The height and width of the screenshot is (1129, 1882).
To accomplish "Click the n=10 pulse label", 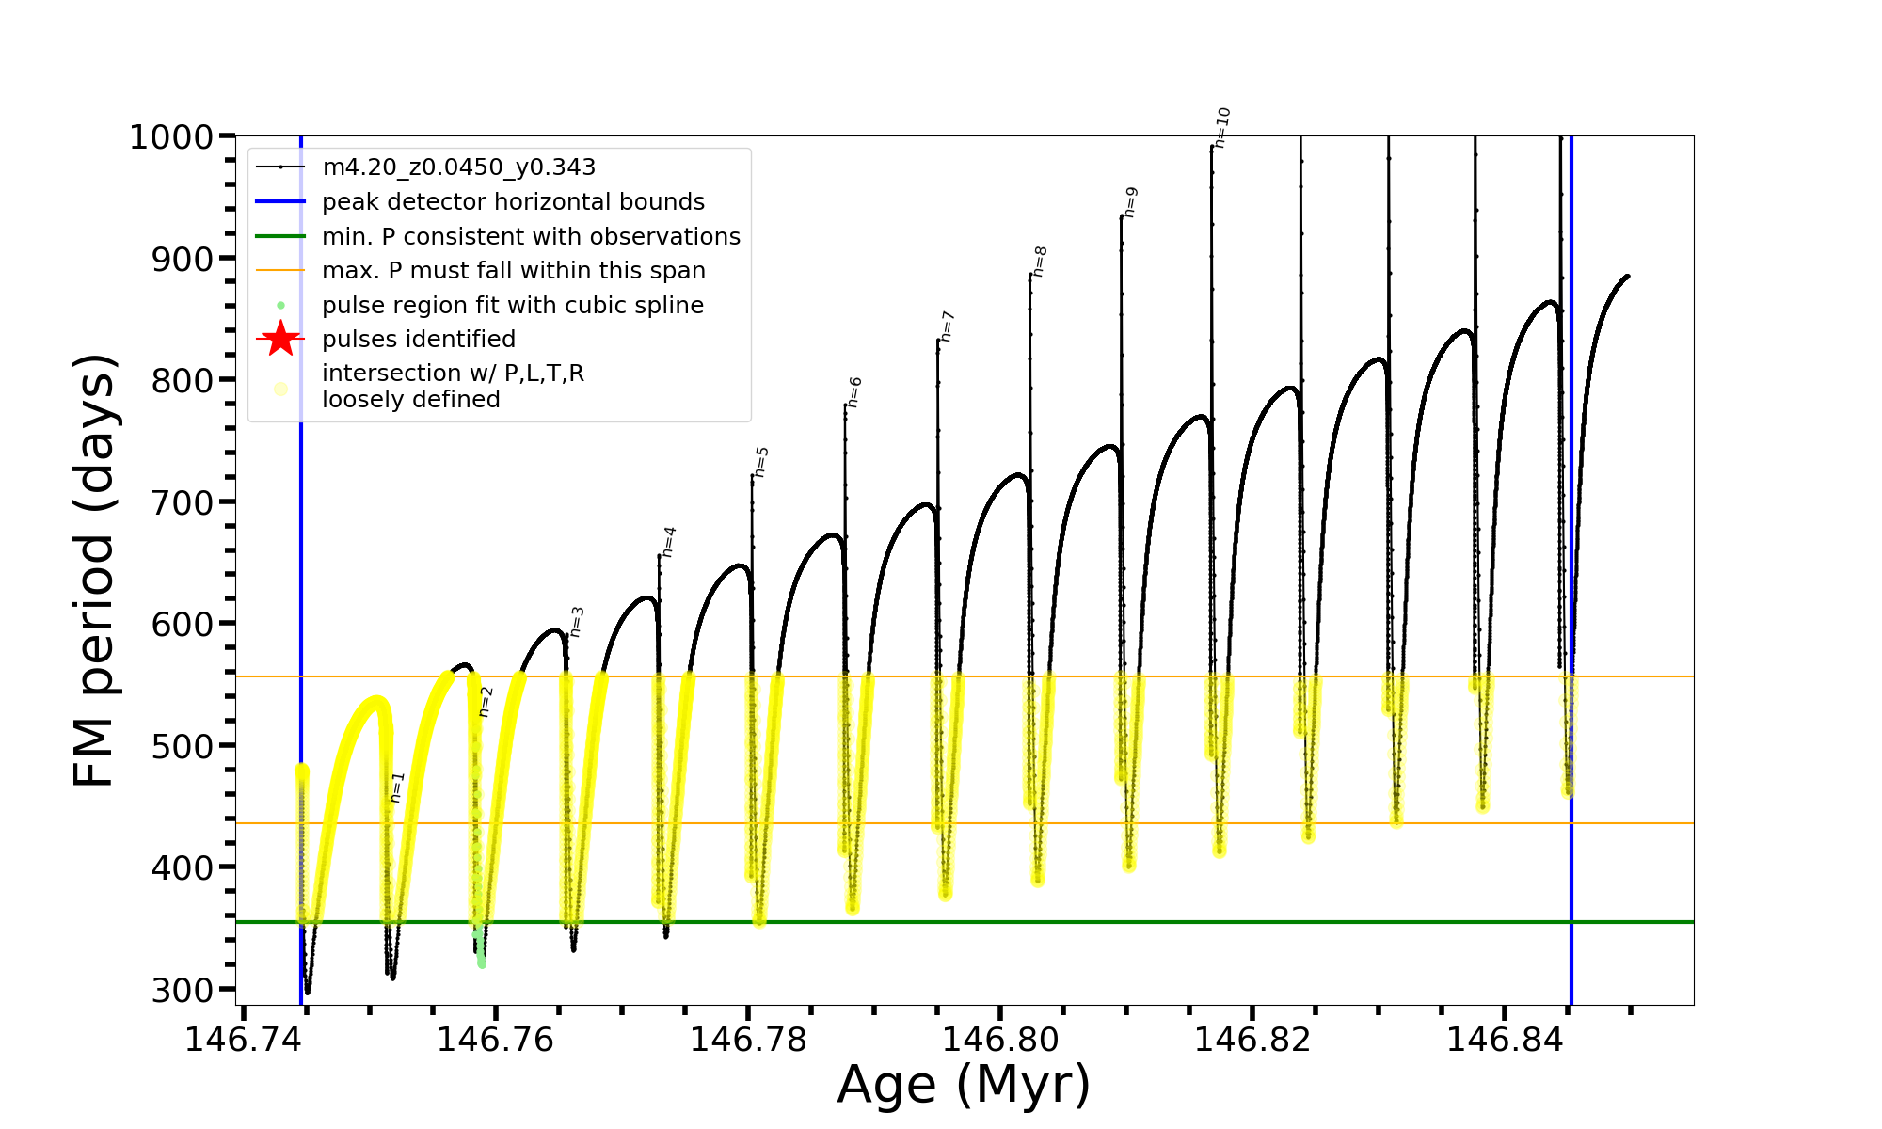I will coord(1222,127).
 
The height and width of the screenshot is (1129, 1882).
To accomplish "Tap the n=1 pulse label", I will coord(397,787).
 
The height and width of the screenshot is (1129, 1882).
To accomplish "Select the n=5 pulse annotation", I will coord(761,462).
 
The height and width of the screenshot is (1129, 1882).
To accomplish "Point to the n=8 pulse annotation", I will coord(1040,262).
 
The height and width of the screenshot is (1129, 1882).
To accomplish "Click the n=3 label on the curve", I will coord(577,622).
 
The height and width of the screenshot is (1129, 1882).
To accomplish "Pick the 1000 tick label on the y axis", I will coord(171,137).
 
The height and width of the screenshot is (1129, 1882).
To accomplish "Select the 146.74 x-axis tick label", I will coord(244,1040).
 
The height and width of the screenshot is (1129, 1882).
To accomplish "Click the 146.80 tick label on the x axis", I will coord(999,1040).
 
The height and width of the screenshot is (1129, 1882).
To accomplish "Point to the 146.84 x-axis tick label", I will coord(1504,1040).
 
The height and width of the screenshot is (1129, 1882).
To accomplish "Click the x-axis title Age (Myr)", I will coord(964,1085).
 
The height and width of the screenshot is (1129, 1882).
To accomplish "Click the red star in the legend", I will coord(280,339).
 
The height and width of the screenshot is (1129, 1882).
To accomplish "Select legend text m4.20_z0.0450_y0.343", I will coord(458,167).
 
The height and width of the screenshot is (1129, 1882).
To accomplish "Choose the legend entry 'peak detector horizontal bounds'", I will coord(513,202).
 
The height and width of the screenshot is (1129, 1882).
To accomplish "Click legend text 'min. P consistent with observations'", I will coord(531,236).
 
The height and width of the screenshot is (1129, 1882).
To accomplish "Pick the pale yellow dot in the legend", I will coord(280,389).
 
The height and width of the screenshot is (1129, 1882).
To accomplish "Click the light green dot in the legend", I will coord(280,306).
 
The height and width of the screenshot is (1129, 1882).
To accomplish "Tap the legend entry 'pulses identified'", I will coord(419,339).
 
